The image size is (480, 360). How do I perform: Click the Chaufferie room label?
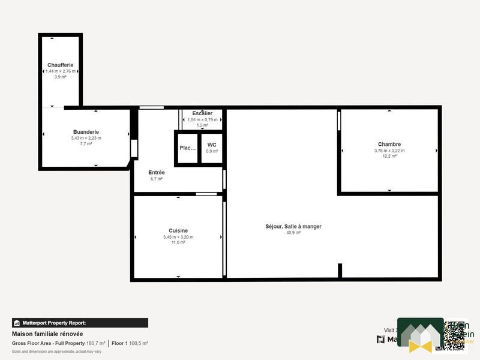pyautogui.click(x=61, y=65)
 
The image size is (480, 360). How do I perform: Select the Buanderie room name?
pyautogui.click(x=86, y=132)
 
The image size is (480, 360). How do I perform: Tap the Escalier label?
pyautogui.click(x=202, y=113)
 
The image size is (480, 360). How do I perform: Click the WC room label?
pyautogui.click(x=212, y=145)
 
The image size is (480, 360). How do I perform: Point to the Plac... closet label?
pyautogui.click(x=188, y=148)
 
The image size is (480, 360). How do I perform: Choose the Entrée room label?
pyautogui.click(x=157, y=173)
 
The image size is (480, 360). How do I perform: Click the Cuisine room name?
pyautogui.click(x=178, y=230)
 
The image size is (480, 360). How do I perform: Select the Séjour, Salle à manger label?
pyautogui.click(x=293, y=226)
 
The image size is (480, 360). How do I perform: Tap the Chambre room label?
pyautogui.click(x=389, y=144)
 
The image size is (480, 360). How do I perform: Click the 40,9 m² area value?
pyautogui.click(x=293, y=233)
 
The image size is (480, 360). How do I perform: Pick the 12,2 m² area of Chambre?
pyautogui.click(x=389, y=157)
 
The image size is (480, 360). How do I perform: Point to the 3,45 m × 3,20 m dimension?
pyautogui.click(x=178, y=237)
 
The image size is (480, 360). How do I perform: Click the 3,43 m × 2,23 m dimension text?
pyautogui.click(x=86, y=138)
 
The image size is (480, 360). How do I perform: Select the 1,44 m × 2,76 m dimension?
pyautogui.click(x=61, y=71)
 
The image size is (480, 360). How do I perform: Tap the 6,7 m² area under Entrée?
pyautogui.click(x=157, y=179)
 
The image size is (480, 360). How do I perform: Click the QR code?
pyautogui.click(x=451, y=334)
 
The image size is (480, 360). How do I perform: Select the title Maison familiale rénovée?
pyautogui.click(x=47, y=334)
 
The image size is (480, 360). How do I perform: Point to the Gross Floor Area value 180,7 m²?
pyautogui.click(x=96, y=343)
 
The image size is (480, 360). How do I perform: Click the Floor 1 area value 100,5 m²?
pyautogui.click(x=139, y=343)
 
